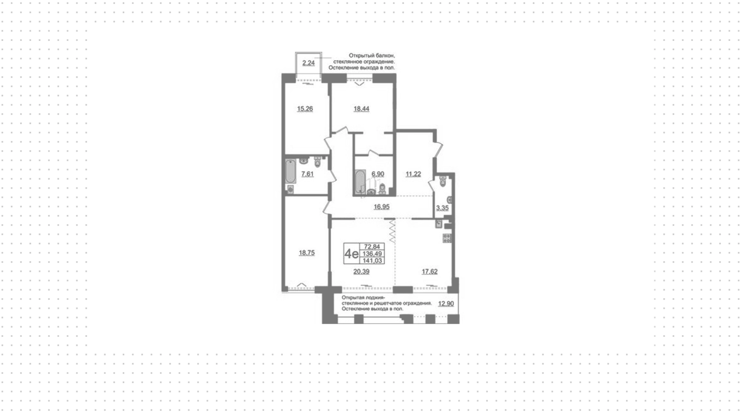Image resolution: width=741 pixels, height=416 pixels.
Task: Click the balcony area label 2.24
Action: pos(308,63)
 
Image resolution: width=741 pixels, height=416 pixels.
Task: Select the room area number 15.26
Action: pos(305,109)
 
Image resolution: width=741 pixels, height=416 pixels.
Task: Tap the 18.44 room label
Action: pos(362,109)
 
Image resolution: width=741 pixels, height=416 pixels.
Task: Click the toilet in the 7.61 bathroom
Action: pos(318,162)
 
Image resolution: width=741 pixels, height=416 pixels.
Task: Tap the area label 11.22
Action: pos(413,174)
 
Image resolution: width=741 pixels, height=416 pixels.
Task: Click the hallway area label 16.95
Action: pos(382,207)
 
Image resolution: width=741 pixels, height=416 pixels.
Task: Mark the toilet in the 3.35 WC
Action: pos(443,181)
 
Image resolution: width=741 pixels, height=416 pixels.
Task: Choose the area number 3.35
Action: pos(442,208)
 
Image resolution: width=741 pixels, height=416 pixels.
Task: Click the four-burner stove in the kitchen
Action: pos(447,238)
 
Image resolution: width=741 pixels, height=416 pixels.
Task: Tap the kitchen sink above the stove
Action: pos(438,223)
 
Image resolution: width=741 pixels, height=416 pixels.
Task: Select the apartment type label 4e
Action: pos(351,254)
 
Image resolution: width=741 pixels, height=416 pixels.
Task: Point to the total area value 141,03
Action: pos(372,261)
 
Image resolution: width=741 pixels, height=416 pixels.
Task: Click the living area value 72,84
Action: pos(372,247)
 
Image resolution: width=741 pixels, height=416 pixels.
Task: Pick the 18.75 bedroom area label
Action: pos(307,253)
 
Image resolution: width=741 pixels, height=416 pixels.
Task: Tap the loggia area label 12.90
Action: pos(446,304)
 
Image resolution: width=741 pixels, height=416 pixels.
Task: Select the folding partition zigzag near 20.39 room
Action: pos(392,231)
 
